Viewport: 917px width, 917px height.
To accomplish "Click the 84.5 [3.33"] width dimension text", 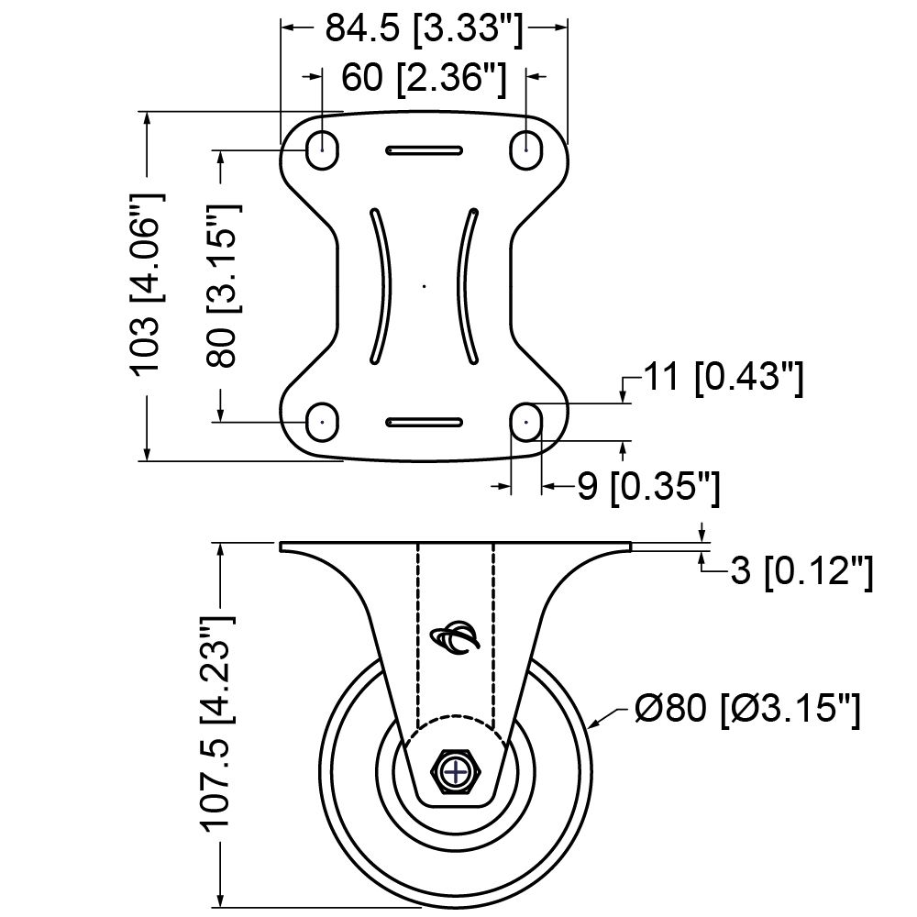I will click(x=424, y=30).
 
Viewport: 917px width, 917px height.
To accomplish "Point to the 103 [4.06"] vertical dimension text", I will click(x=146, y=282).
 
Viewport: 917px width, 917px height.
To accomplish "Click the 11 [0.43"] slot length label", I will click(x=722, y=379).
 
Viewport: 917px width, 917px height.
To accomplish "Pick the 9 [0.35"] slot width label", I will click(x=647, y=487).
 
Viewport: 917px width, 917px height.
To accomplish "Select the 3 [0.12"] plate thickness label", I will click(x=800, y=572).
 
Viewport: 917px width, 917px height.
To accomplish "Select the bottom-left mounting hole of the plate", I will click(x=320, y=421).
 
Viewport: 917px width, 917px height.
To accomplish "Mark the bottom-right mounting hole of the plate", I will click(x=526, y=421).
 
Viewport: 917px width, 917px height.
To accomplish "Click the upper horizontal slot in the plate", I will click(x=424, y=149).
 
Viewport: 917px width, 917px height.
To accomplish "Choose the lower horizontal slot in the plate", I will click(x=424, y=421).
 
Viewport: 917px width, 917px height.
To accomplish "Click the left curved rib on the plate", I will click(x=381, y=285).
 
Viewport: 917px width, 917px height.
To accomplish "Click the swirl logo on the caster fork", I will click(x=456, y=638).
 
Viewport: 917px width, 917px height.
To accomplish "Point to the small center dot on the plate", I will click(x=425, y=287).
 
